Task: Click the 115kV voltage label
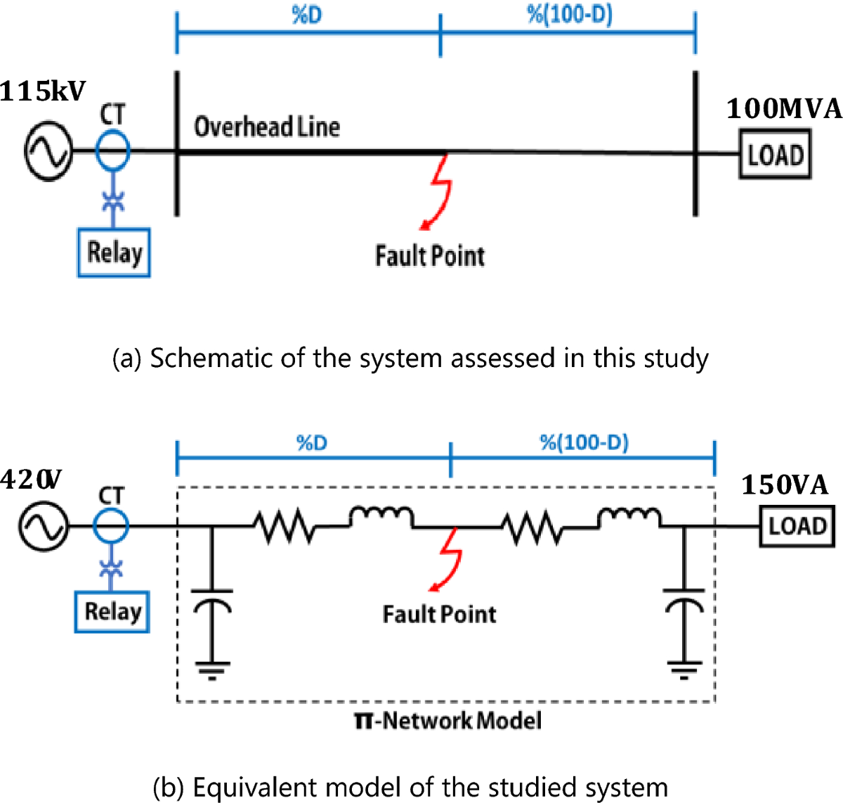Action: click(x=42, y=91)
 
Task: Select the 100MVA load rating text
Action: click(x=783, y=109)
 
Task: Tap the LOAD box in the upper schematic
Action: click(x=775, y=154)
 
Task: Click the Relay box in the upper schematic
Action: click(x=113, y=252)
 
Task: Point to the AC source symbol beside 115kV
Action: click(x=48, y=150)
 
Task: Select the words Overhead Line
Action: click(x=267, y=127)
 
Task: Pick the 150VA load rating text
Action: click(x=785, y=485)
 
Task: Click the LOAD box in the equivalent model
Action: click(x=797, y=526)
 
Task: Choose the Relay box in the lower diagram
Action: click(x=112, y=611)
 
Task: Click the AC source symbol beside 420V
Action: click(x=44, y=527)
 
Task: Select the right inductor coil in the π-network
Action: click(x=629, y=518)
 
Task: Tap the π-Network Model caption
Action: click(x=448, y=720)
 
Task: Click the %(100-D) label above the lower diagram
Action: click(x=584, y=442)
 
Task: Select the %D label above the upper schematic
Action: click(x=307, y=15)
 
